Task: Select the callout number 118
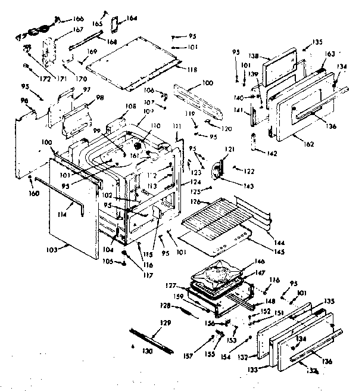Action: click(191, 70)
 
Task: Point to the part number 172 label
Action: click(27, 77)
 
